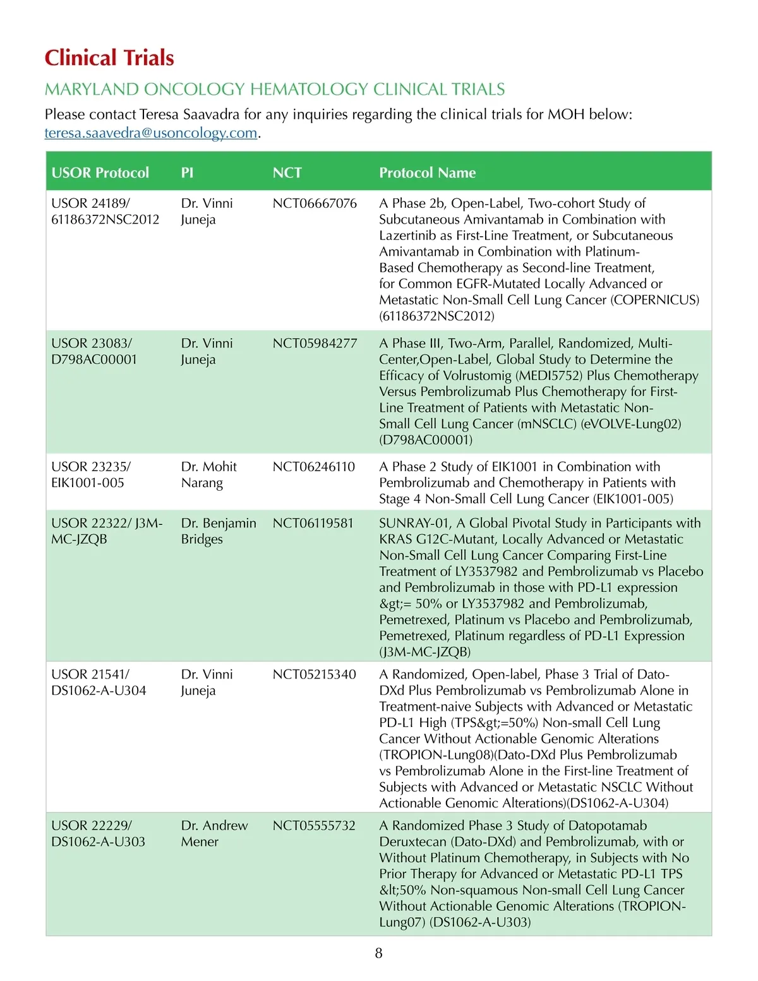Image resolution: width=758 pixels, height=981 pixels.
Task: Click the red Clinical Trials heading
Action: (x=109, y=57)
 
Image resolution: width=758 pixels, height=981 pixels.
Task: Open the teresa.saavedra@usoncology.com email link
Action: (x=151, y=133)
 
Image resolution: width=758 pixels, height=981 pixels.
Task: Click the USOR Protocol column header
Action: (x=100, y=172)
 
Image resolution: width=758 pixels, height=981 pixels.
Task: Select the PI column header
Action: (x=187, y=172)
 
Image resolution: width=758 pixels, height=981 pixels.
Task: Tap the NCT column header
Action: (x=287, y=172)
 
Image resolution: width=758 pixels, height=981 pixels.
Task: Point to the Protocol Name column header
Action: (x=427, y=172)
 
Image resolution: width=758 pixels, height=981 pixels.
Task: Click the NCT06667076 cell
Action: (x=315, y=203)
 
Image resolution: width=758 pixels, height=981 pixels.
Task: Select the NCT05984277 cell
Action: (x=315, y=344)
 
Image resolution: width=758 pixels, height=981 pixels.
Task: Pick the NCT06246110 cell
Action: (x=314, y=467)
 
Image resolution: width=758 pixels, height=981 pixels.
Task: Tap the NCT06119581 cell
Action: (x=313, y=523)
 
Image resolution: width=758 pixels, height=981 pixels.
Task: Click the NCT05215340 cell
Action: (x=314, y=675)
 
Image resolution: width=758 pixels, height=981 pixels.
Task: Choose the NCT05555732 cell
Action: (x=314, y=826)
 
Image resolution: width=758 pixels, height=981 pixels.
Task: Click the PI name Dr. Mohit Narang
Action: (x=208, y=474)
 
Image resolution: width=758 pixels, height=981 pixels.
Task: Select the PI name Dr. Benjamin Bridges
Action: (x=219, y=531)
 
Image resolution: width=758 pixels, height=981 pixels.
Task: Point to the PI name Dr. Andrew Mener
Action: (x=214, y=833)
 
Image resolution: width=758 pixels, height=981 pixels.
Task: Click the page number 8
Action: (x=378, y=953)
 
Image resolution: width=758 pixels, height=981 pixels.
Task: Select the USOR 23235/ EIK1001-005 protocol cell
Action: (x=91, y=474)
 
